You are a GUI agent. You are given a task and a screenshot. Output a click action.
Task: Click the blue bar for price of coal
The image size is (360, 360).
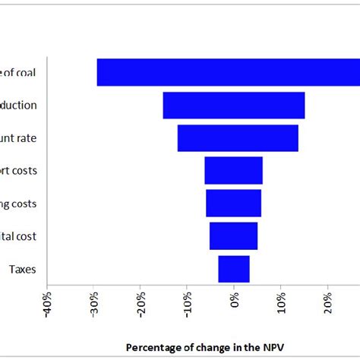[x=228, y=72]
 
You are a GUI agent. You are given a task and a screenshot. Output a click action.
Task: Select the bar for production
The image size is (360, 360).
[x=234, y=106]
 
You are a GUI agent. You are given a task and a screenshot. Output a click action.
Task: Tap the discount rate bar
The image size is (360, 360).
[x=238, y=138]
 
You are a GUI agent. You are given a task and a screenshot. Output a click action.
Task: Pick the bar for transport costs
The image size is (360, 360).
[x=234, y=170]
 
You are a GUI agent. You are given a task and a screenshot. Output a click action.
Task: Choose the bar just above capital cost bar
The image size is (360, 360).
[x=234, y=203]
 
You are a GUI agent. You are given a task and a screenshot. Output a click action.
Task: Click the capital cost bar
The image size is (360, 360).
[x=234, y=235]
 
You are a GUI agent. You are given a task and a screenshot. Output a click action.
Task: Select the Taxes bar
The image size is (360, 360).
[x=234, y=269]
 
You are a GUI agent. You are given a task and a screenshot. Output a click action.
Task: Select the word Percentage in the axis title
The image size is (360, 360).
[x=154, y=347]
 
